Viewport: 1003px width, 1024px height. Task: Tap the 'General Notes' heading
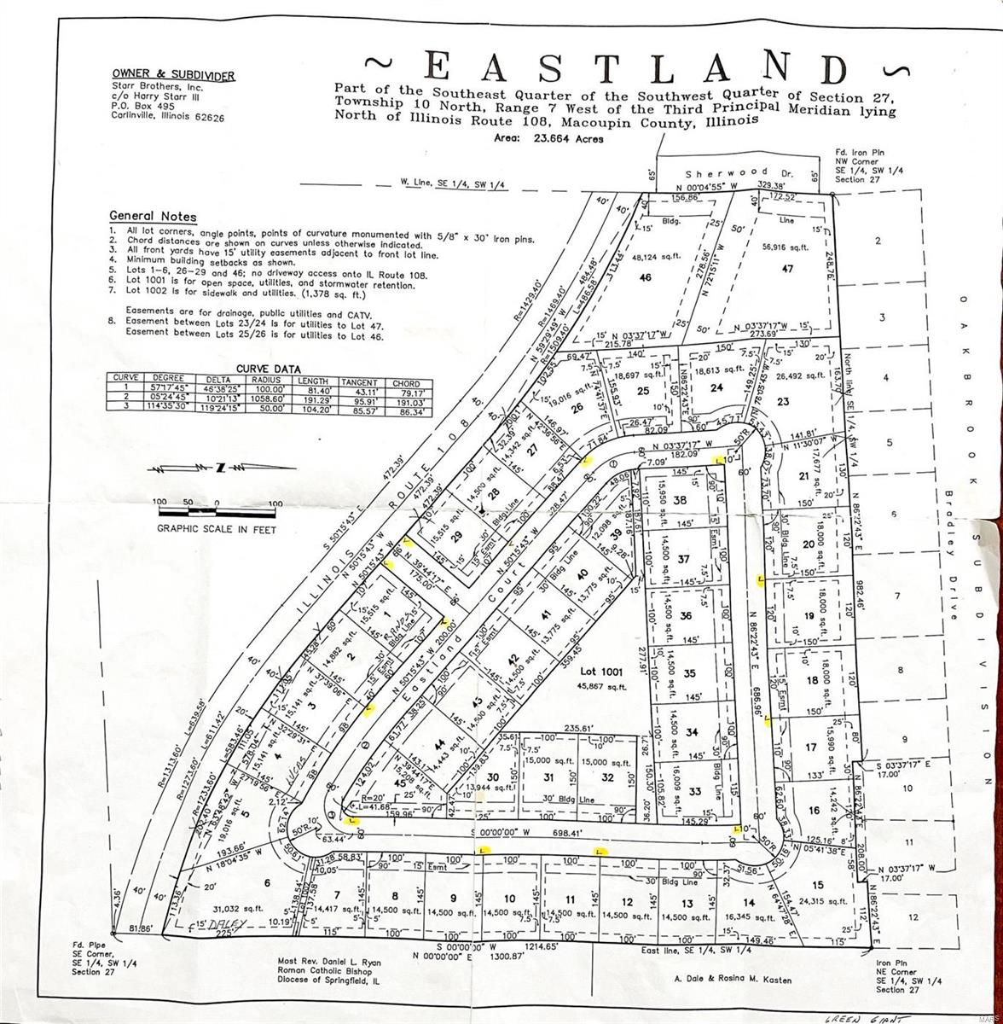pos(153,217)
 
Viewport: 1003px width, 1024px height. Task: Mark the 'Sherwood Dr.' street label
pos(738,172)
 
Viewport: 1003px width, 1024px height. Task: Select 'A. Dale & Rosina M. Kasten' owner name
pos(733,980)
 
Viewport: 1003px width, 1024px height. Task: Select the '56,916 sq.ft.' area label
pos(786,247)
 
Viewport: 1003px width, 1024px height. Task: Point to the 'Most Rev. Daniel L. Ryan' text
pos(329,962)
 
